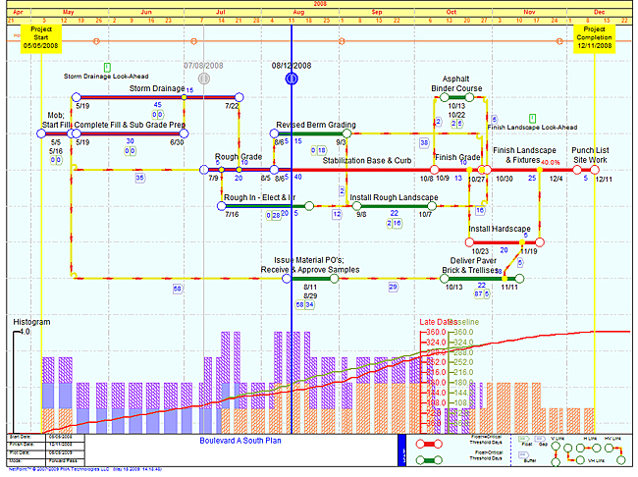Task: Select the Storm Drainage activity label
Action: (x=157, y=88)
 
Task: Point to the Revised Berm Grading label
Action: (x=315, y=125)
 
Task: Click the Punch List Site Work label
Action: (x=590, y=154)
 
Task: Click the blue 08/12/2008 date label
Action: (x=291, y=65)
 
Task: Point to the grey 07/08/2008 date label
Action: (x=203, y=65)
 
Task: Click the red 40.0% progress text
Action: (x=551, y=163)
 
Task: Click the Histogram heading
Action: (x=31, y=322)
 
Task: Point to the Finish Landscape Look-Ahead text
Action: (x=532, y=127)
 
